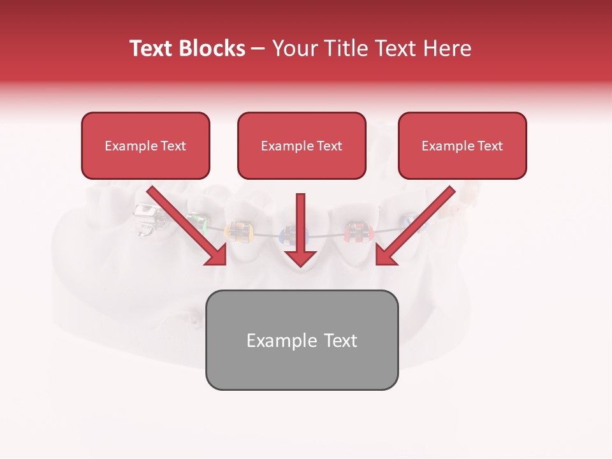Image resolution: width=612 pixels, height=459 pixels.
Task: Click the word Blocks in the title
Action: [209, 48]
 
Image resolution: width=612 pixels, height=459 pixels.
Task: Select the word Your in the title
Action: [295, 48]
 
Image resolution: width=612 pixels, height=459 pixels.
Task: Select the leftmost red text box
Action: [145, 145]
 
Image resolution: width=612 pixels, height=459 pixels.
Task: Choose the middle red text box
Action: [302, 145]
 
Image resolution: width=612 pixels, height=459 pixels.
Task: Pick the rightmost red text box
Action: [462, 145]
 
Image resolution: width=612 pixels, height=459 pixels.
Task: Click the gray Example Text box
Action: [302, 340]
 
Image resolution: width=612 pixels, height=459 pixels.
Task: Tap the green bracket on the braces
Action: [201, 222]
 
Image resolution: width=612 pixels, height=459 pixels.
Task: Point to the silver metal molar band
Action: [147, 220]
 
